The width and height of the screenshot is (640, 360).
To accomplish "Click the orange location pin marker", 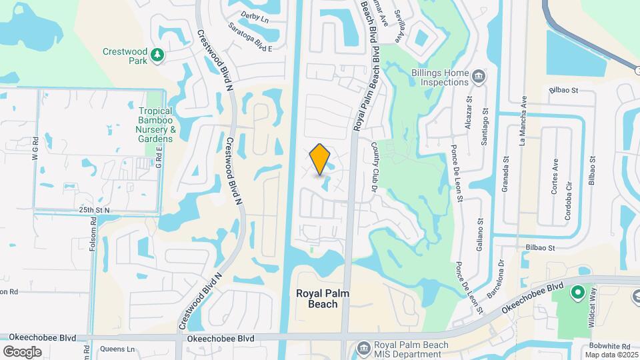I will pos(320,159).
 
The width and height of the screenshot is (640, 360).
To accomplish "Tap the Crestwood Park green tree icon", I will pos(158,55).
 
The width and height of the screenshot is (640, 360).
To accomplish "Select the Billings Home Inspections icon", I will pos(478,77).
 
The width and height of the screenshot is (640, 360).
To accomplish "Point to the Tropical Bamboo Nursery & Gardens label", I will pos(155,125).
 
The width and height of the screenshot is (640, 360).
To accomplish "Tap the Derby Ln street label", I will pos(255,18).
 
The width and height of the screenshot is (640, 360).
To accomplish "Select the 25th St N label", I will pos(95,209).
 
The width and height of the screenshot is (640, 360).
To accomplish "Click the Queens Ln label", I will pos(117,349).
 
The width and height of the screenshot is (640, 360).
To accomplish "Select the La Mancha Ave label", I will pos(523,120).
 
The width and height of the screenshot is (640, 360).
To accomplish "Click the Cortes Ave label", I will pos(555,175).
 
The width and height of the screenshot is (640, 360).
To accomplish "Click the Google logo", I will pos(22,351).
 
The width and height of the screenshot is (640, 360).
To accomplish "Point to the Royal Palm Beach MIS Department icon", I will pos(363,347).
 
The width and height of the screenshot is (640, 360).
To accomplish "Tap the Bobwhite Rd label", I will pos(610,347).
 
